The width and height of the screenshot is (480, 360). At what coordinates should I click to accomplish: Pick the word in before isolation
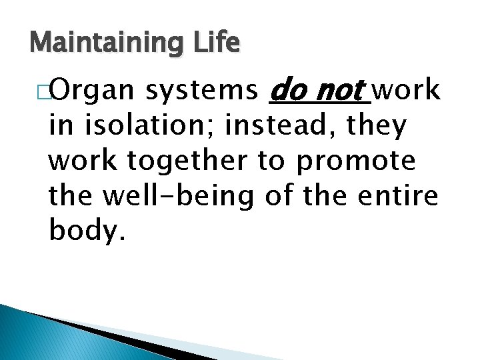point(59,126)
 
